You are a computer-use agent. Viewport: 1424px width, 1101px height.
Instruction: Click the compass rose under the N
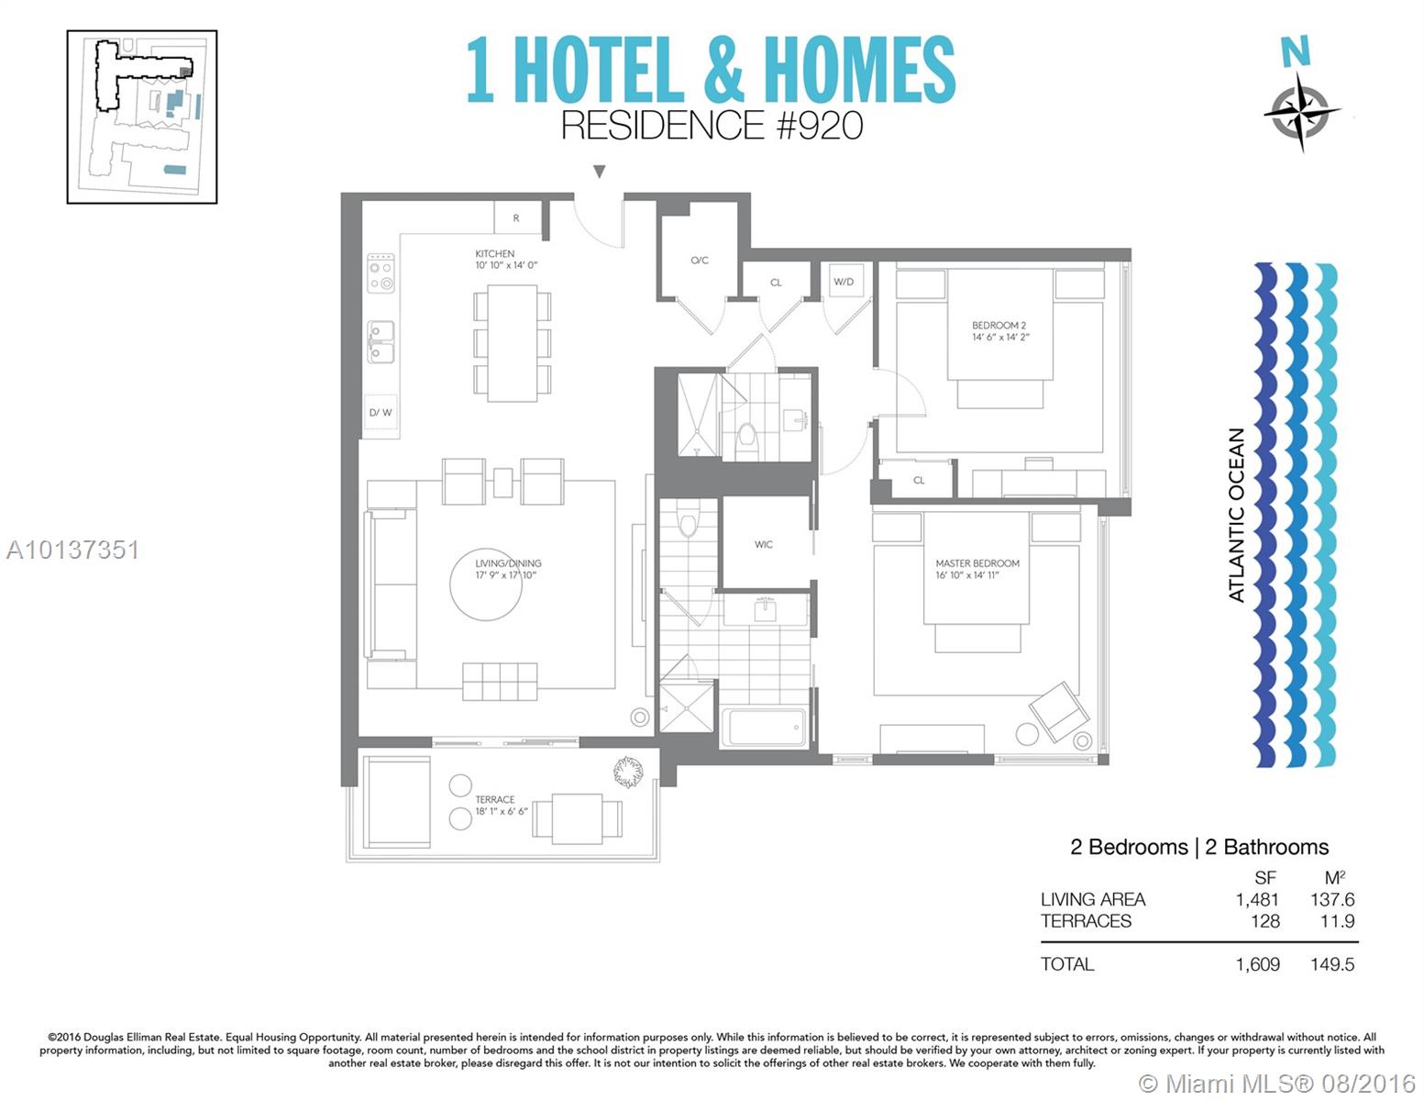click(x=1301, y=112)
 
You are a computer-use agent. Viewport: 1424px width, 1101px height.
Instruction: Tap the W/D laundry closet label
click(x=844, y=282)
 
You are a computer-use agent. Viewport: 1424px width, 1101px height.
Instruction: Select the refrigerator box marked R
click(x=517, y=217)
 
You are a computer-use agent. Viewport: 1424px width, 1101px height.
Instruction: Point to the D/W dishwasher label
click(x=381, y=413)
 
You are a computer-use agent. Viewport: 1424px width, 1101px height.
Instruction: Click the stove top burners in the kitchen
click(x=381, y=273)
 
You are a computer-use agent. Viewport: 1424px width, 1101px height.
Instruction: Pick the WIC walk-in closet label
click(x=764, y=544)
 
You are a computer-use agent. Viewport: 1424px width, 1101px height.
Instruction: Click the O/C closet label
click(x=700, y=261)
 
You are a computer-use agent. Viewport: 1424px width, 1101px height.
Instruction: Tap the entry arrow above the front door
click(x=599, y=172)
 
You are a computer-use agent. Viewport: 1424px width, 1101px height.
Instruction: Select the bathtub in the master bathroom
click(x=764, y=728)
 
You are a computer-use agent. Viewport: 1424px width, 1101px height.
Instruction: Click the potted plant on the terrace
click(x=628, y=772)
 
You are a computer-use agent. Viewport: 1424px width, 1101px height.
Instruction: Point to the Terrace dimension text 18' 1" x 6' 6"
click(x=502, y=811)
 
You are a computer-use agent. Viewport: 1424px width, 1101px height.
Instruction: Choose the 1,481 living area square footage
click(x=1257, y=900)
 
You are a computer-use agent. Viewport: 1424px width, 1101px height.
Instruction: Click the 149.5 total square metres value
click(x=1332, y=964)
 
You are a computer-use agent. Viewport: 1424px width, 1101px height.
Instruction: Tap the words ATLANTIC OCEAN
click(x=1236, y=516)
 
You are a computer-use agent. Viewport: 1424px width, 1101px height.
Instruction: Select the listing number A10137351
click(x=72, y=550)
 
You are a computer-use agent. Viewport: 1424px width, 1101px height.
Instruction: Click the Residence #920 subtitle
click(x=712, y=126)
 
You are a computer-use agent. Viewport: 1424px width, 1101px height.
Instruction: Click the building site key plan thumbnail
click(x=142, y=117)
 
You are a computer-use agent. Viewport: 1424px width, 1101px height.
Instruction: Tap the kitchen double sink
click(x=381, y=341)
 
